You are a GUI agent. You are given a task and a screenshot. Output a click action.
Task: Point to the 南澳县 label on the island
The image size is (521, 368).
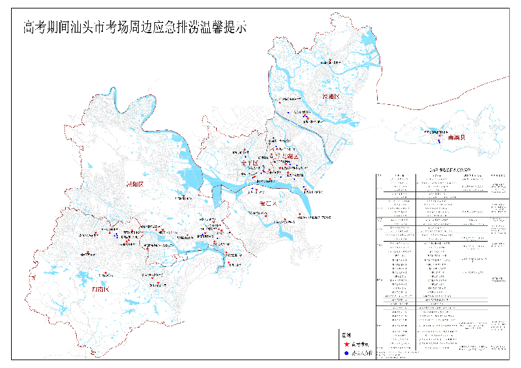point(457,139)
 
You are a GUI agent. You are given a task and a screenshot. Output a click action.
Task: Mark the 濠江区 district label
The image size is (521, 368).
point(268,204)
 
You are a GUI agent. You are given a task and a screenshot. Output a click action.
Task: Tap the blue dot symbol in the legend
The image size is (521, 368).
point(346,354)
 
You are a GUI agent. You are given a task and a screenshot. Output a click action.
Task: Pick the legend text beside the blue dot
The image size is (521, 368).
point(360,354)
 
